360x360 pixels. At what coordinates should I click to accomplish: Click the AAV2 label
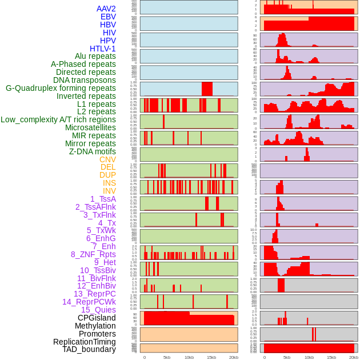(x=106, y=9)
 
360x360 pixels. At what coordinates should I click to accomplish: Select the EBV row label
(x=108, y=17)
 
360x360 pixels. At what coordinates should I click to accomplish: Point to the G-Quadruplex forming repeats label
(x=61, y=88)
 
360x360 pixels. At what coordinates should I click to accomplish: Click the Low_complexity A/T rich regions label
(x=58, y=119)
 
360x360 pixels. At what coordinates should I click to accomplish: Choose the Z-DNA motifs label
(x=92, y=151)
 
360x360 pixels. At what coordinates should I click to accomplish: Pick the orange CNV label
(x=107, y=159)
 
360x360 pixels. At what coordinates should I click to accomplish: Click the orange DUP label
(x=107, y=175)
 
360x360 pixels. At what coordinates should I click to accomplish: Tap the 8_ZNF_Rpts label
(x=93, y=254)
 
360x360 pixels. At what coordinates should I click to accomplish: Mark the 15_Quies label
(x=98, y=310)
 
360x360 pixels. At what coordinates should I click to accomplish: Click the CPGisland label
(x=97, y=318)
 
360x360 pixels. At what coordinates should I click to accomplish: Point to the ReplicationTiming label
(x=84, y=342)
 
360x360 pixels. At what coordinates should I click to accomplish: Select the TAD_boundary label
(x=89, y=349)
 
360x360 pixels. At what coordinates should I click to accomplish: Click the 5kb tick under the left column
(x=167, y=357)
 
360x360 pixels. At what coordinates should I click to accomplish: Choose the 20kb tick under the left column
(x=234, y=357)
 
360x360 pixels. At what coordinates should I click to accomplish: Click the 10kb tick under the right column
(x=309, y=357)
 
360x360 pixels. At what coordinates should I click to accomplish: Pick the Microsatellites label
(x=90, y=127)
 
